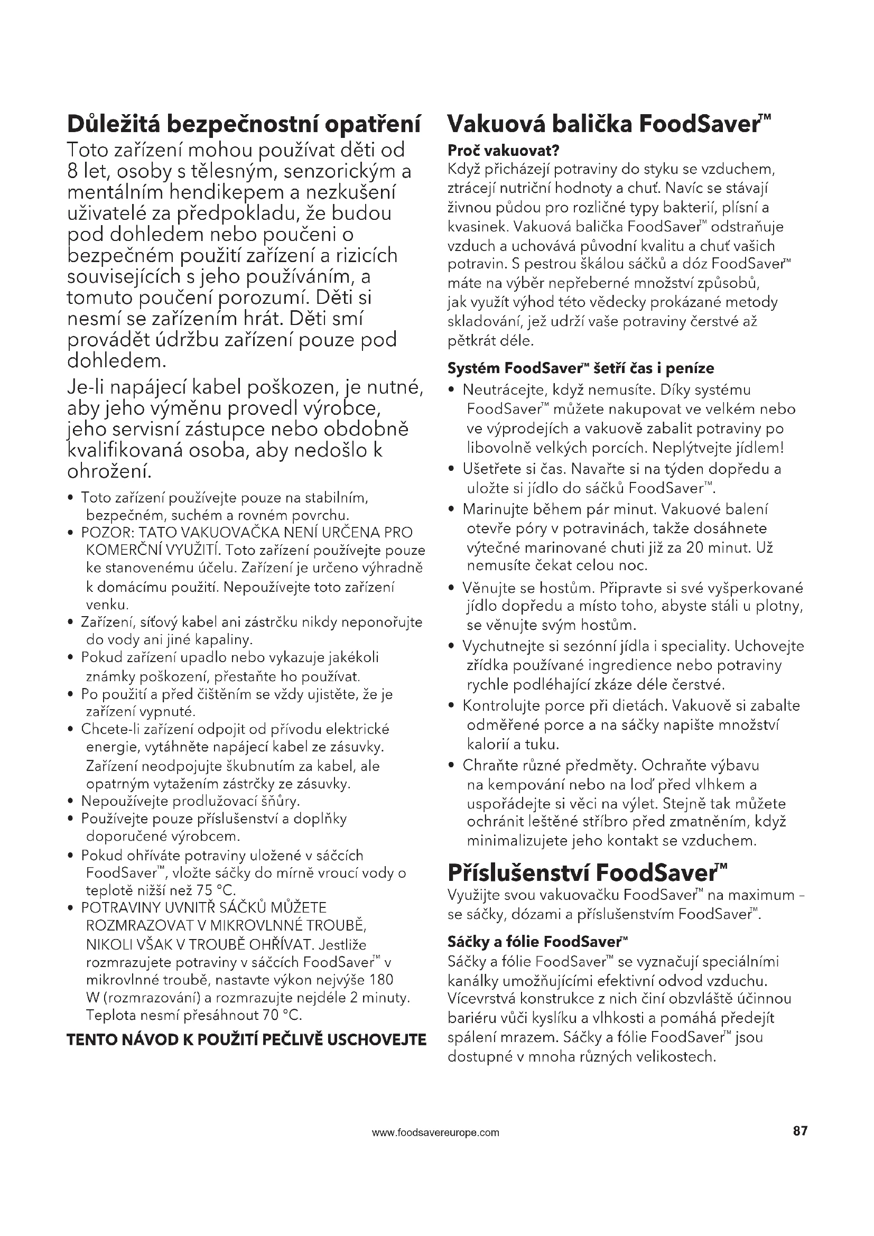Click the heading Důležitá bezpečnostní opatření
[243, 124]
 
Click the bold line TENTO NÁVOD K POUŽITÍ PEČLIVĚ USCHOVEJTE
[246, 1039]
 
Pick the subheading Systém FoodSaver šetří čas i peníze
[581, 369]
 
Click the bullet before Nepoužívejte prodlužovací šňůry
[70, 802]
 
